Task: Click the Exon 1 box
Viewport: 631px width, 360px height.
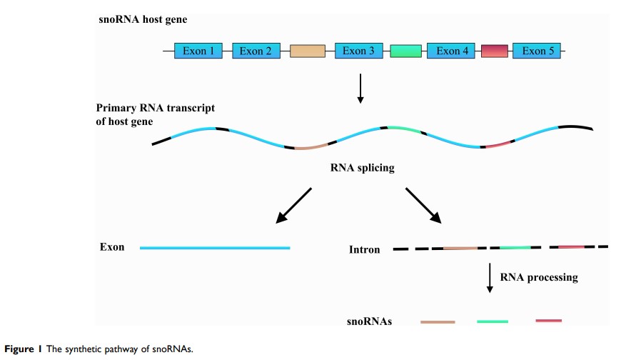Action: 198,51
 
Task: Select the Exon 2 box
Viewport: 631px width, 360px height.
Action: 256,51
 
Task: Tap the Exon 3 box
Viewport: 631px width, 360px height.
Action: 359,51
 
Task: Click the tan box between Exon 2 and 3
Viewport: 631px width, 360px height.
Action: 308,51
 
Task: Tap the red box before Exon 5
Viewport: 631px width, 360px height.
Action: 495,51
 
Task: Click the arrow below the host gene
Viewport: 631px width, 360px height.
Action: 360,87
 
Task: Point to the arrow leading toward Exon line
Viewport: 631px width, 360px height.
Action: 294,204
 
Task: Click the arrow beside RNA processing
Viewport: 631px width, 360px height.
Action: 490,278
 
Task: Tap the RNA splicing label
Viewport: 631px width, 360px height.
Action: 362,169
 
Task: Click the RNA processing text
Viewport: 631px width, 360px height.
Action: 538,277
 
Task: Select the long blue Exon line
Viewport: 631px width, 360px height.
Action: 215,248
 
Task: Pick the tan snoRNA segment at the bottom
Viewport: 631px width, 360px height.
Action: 438,322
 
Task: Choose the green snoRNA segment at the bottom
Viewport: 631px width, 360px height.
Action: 493,322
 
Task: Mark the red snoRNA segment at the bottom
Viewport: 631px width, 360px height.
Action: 548,321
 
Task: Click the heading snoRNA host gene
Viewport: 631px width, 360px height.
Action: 143,19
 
